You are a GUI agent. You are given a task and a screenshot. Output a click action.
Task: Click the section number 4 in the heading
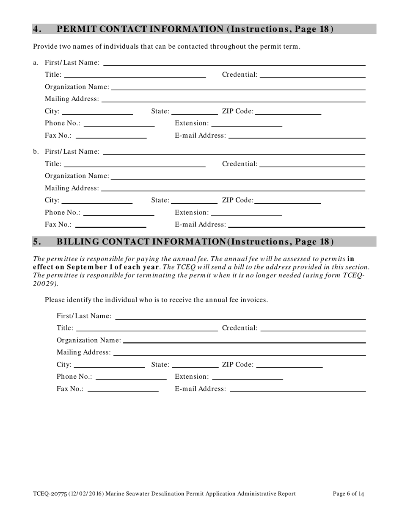(x=37, y=29)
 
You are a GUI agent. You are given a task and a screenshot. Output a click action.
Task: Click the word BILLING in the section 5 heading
(x=78, y=242)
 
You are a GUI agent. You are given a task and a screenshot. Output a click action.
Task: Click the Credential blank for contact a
(x=312, y=75)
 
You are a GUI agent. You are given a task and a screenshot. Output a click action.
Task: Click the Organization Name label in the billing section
(x=88, y=340)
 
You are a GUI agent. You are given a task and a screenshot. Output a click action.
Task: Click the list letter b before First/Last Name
(x=36, y=151)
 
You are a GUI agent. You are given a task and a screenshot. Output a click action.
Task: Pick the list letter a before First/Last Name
(x=36, y=63)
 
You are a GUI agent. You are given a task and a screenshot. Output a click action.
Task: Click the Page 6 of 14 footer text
(x=348, y=493)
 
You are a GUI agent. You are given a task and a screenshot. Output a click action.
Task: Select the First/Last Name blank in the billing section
(x=240, y=316)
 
